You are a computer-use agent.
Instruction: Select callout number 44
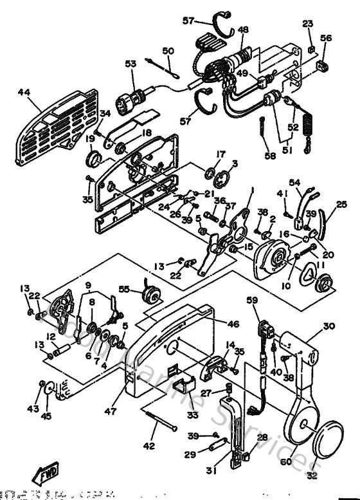pos(24,93)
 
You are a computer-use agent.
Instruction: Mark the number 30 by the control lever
pos(329,327)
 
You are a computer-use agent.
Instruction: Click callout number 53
pos(130,64)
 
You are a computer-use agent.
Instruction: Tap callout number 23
pos(308,24)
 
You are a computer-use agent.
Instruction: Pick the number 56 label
pos(326,39)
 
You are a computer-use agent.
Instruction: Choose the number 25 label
pos(341,204)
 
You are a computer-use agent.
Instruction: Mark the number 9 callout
pos(88,285)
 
